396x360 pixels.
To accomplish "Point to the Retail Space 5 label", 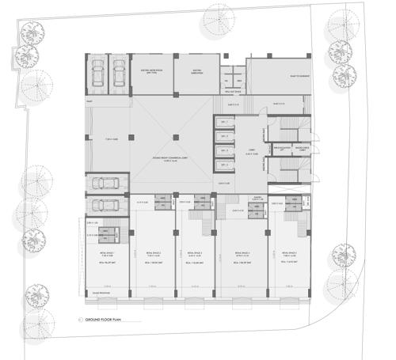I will [287, 253].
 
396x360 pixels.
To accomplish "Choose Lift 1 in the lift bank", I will [224, 122].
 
